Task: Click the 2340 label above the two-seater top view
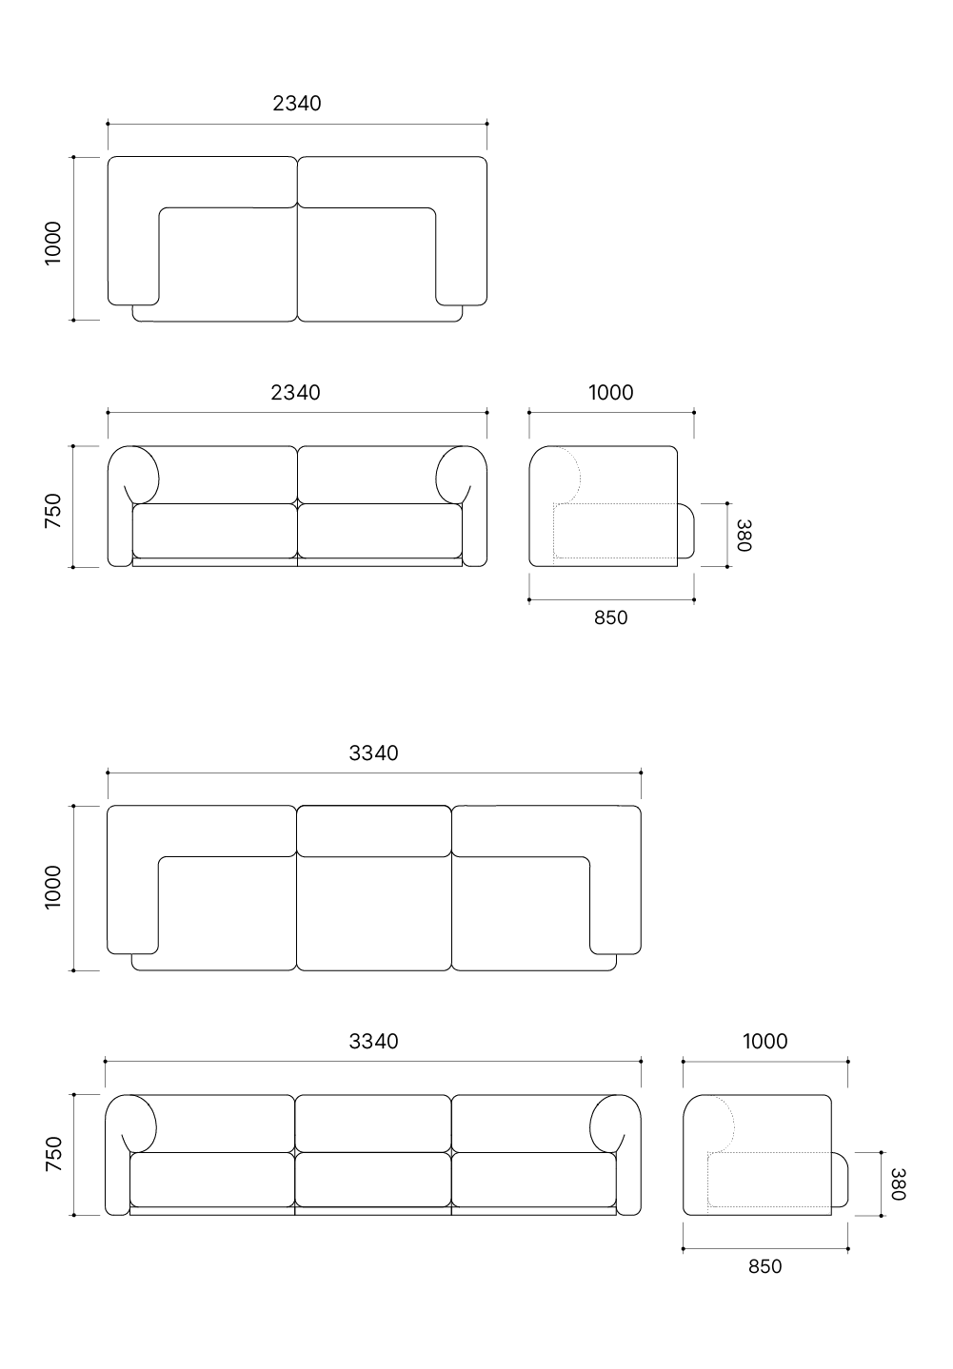coord(297,104)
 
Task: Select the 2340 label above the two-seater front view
coord(295,392)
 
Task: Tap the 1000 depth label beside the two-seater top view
coord(53,244)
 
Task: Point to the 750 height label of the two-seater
coord(53,511)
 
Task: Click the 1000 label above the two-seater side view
coord(611,392)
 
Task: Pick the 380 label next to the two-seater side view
coord(744,536)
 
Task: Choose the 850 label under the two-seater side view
coord(611,617)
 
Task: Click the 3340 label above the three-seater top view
coord(374,753)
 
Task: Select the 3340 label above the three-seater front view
coord(374,1042)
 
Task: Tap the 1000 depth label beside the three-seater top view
coord(53,888)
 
